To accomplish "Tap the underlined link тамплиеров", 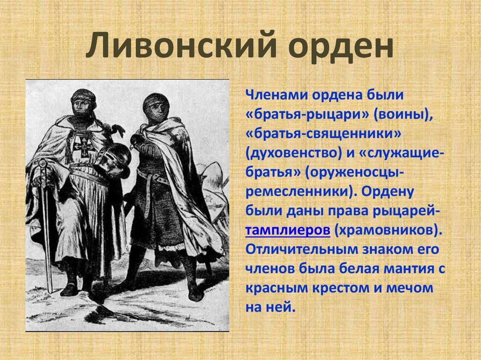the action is click(288, 230).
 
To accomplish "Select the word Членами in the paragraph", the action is click(276, 95).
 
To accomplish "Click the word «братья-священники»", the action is click(323, 134).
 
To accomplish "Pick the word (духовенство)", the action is click(294, 153).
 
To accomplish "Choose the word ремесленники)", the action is click(301, 191).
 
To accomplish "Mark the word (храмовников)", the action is click(388, 230).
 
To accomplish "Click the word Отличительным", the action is click(302, 249).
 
